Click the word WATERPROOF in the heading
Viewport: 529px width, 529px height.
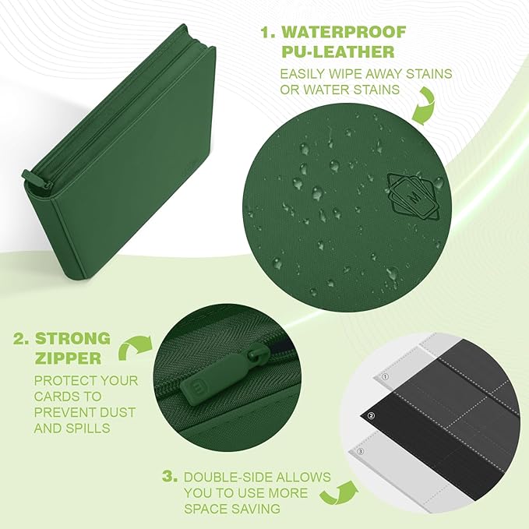coord(344,33)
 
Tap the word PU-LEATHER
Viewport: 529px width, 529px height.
coord(338,52)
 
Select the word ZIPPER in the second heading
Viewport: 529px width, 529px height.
coord(68,358)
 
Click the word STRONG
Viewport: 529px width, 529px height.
coord(72,338)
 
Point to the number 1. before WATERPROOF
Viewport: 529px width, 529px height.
coord(269,33)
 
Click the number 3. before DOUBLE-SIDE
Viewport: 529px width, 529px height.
coord(170,477)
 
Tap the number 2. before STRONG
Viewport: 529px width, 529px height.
coord(22,339)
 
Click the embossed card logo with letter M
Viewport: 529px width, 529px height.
coord(413,196)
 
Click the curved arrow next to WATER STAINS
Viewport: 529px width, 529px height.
coord(425,108)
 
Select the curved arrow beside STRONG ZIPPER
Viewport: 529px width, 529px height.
coord(134,347)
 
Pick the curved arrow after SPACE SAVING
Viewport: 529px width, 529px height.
coord(339,493)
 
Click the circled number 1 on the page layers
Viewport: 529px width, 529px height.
coord(386,376)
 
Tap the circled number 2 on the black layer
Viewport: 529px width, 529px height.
coord(371,416)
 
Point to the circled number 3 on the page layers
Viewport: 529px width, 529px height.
coord(361,451)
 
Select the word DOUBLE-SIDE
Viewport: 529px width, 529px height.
coord(227,477)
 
